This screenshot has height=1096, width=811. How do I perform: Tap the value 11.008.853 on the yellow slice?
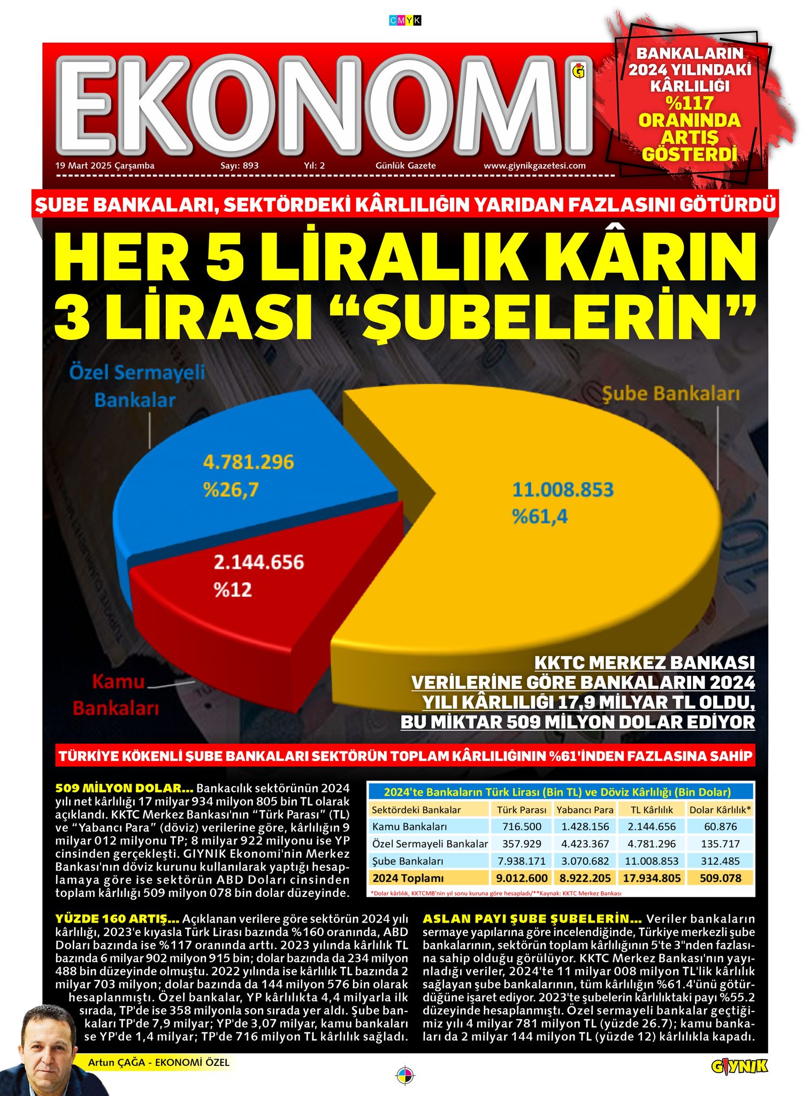coord(563,490)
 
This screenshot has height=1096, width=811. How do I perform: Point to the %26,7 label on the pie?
coord(231,490)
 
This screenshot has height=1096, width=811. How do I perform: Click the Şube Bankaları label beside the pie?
coord(671,394)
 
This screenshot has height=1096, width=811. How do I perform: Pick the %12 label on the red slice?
coord(233,590)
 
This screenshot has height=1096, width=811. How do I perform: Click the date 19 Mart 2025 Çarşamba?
coord(105,166)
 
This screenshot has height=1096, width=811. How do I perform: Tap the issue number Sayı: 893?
coord(239,166)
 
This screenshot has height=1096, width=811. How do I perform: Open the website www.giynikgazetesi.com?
coord(534,166)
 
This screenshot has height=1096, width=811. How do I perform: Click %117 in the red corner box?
coord(690,102)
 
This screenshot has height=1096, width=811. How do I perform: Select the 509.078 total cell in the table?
coord(720,878)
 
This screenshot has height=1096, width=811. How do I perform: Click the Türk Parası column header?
coord(522,810)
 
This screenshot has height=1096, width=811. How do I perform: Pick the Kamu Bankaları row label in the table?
coord(409,827)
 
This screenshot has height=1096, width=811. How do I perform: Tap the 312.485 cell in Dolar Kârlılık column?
coord(720,861)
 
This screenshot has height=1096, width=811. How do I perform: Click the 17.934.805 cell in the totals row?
coord(652,878)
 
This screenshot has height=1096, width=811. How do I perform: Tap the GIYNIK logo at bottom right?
coord(739,1067)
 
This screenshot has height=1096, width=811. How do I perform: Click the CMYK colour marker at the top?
coord(405,21)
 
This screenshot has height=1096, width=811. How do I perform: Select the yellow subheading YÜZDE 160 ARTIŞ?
coord(117,919)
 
